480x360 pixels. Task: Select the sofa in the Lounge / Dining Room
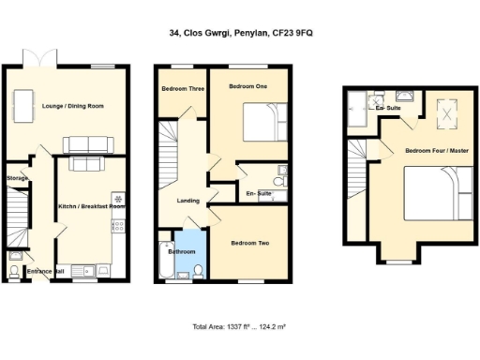87,143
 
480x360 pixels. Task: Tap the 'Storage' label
17,177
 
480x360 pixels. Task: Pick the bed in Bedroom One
262,121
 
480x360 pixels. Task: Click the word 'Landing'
188,201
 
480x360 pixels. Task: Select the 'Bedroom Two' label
250,243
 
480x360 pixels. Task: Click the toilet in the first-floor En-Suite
279,181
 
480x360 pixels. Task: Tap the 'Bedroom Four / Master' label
436,150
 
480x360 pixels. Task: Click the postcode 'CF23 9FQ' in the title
317,33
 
